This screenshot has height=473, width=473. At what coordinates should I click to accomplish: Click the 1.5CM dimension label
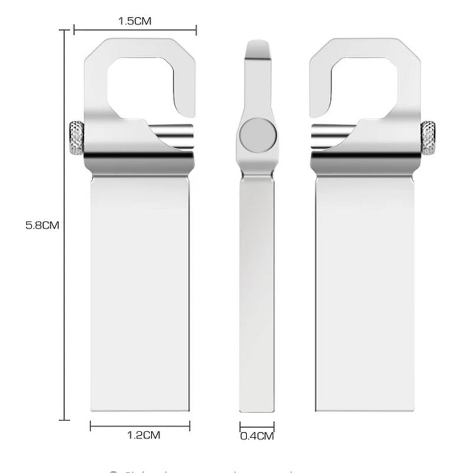click(135, 21)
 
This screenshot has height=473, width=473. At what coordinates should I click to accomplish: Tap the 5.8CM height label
click(43, 225)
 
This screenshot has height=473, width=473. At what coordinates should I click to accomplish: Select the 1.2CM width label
click(144, 436)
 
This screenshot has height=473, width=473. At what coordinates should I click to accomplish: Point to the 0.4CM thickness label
click(257, 437)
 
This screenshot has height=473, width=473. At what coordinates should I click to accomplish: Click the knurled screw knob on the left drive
click(76, 137)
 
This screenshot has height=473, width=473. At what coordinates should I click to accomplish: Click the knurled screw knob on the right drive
click(428, 137)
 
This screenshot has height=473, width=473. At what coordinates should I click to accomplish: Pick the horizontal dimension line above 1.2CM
click(140, 425)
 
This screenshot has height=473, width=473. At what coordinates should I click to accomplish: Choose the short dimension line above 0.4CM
click(257, 425)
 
